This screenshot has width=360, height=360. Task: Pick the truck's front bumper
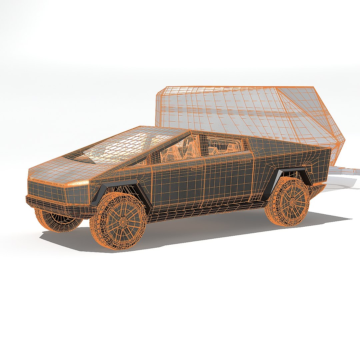coord(57,205)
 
